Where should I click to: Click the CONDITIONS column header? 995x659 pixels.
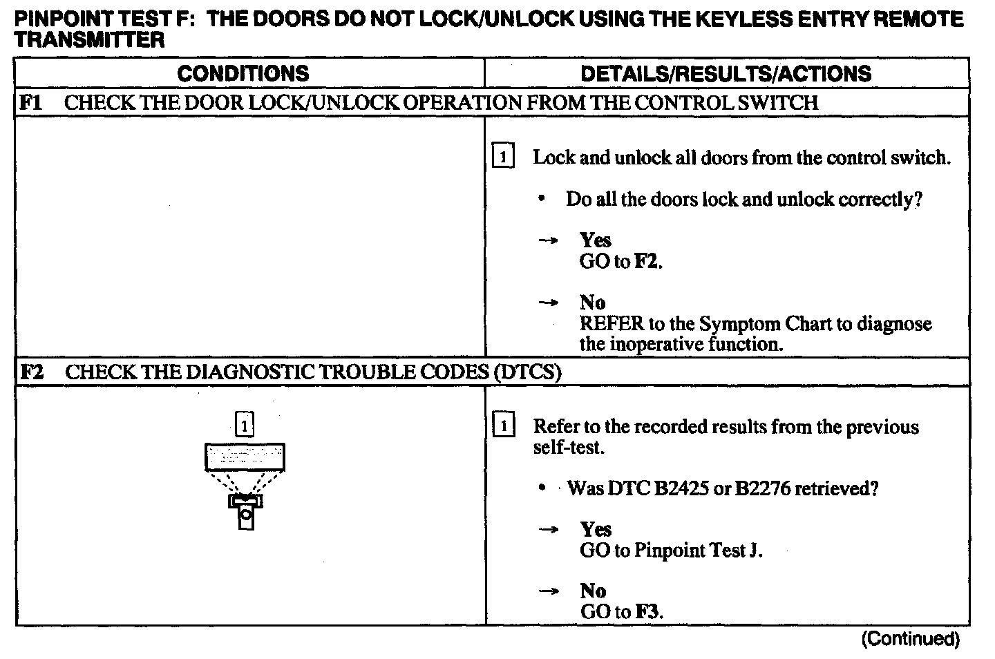point(243,73)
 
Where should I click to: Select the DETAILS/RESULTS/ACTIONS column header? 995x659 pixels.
point(726,73)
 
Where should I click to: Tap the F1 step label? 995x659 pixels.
point(30,103)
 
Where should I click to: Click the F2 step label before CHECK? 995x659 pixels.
point(31,372)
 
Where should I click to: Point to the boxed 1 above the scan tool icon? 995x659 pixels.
point(245,423)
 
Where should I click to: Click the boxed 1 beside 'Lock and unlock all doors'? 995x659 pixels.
point(503,157)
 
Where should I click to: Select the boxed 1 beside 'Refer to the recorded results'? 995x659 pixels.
point(503,427)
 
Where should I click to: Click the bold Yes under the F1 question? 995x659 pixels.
point(595,240)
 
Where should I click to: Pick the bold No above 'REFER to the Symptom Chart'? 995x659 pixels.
point(592,303)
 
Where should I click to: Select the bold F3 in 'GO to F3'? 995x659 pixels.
point(648,612)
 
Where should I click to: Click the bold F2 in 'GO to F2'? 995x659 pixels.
point(647,262)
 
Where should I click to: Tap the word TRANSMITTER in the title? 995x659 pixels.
point(89,40)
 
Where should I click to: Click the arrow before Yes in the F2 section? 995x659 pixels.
point(548,530)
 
